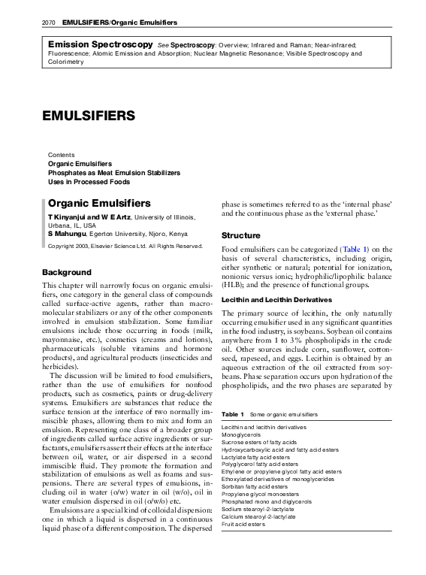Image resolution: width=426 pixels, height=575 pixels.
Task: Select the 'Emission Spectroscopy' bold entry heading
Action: (x=100, y=45)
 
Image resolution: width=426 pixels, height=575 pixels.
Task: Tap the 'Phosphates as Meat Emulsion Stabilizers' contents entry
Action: (x=113, y=173)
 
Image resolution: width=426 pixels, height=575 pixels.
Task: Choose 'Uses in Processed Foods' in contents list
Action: (x=89, y=182)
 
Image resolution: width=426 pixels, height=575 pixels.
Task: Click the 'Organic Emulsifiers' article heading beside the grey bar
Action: (x=99, y=203)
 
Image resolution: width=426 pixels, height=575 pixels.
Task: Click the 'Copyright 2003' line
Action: (x=125, y=246)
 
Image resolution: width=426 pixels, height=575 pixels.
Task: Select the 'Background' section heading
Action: (x=67, y=271)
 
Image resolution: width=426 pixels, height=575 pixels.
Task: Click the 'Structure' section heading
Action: (x=240, y=236)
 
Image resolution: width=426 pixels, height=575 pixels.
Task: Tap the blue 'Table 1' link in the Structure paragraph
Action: (x=355, y=249)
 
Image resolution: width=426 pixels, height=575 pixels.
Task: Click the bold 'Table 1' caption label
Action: (x=232, y=414)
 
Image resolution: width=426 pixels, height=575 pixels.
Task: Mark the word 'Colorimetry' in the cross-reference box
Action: (x=66, y=62)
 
